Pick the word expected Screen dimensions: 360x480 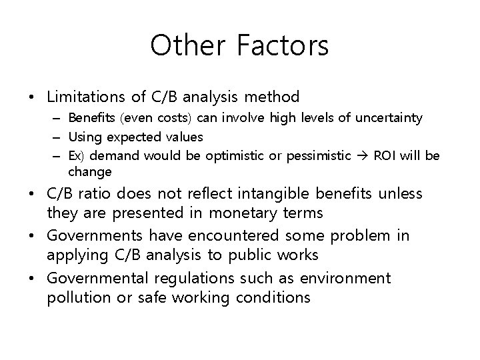click(133, 137)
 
